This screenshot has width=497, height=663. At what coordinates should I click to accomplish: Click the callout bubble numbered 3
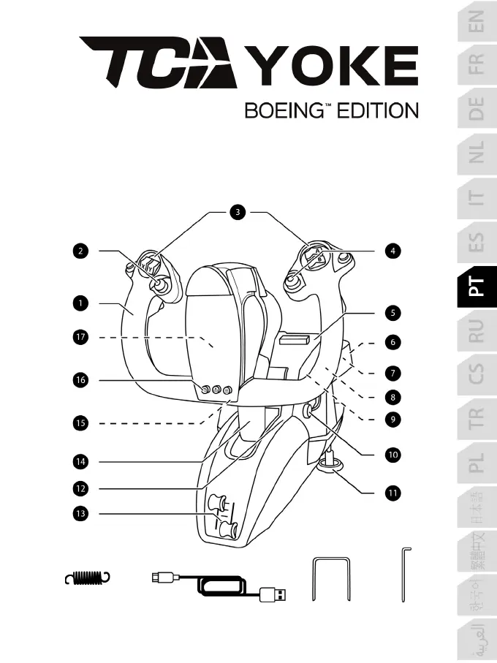238,213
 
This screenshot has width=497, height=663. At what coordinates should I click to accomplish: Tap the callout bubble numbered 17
80,337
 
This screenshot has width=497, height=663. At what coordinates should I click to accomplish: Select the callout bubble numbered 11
393,493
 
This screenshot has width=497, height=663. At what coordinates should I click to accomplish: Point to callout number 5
393,314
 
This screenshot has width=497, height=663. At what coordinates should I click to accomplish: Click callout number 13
80,515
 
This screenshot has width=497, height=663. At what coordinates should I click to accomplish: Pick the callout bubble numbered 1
80,300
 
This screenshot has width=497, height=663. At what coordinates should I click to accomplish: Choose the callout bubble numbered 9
393,420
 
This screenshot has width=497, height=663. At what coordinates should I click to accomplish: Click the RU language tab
477,332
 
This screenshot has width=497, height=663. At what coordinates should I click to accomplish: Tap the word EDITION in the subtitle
377,111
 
